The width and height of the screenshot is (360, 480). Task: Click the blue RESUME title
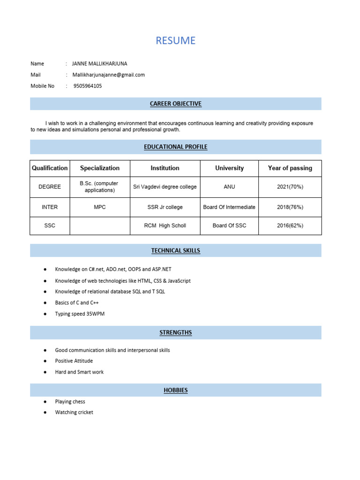175,41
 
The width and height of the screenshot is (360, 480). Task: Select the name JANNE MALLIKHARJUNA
99,64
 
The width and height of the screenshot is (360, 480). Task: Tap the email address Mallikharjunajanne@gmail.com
108,75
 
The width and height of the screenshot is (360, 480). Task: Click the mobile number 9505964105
88,86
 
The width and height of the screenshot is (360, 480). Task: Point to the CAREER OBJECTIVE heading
175,104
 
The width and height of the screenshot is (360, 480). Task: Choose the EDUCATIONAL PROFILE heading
175,147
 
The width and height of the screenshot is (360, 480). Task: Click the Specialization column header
100,168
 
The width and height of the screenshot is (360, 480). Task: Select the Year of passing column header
290,168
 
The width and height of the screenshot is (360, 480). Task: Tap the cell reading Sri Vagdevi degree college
165,187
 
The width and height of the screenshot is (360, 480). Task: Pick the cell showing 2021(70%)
290,187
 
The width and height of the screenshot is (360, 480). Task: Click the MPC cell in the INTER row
100,207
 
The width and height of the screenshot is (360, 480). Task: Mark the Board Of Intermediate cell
229,207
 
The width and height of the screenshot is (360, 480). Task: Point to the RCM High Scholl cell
165,225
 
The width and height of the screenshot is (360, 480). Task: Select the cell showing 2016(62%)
290,225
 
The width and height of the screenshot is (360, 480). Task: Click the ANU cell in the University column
229,187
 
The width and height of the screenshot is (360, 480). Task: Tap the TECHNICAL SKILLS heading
175,251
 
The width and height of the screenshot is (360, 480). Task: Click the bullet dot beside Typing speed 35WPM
45,314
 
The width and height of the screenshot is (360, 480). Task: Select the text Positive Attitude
74,361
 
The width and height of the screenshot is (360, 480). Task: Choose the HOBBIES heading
175,390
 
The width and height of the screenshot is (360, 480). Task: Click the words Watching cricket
74,412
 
